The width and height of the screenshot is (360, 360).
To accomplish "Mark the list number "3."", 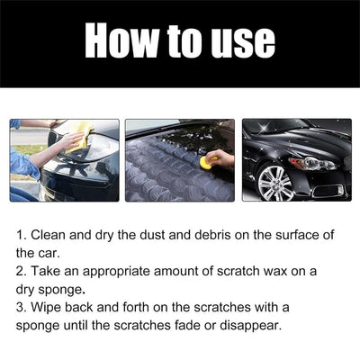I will [22, 306].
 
